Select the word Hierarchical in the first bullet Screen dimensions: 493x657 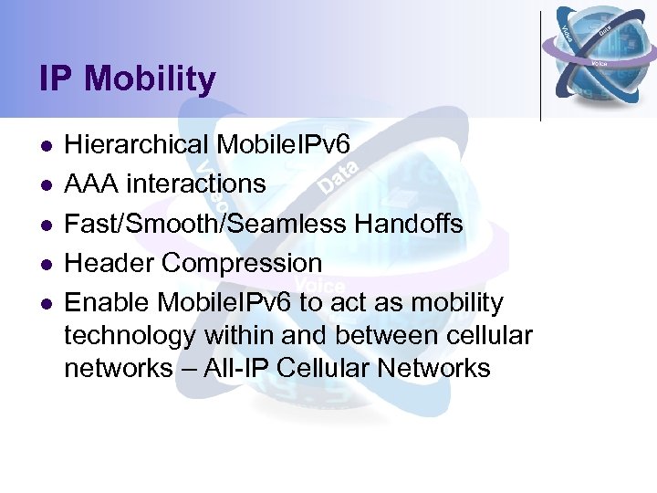click(137, 145)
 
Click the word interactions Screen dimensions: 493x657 click(196, 184)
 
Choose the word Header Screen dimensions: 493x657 click(109, 263)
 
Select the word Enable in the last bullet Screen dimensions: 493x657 click(108, 302)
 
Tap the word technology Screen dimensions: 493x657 click(130, 336)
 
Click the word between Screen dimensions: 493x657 click(385, 335)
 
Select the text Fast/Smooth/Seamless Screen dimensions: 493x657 click(197, 224)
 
